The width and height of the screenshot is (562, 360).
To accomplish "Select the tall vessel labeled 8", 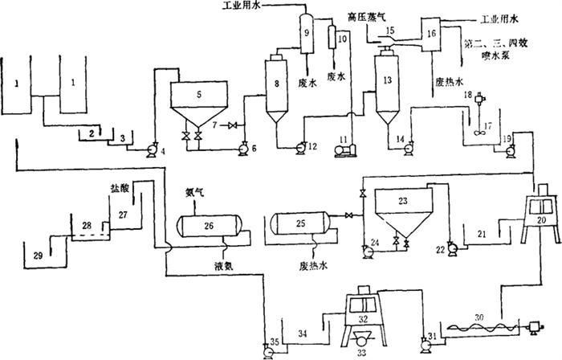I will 278,84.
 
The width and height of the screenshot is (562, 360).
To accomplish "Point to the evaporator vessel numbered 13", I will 388,84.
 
